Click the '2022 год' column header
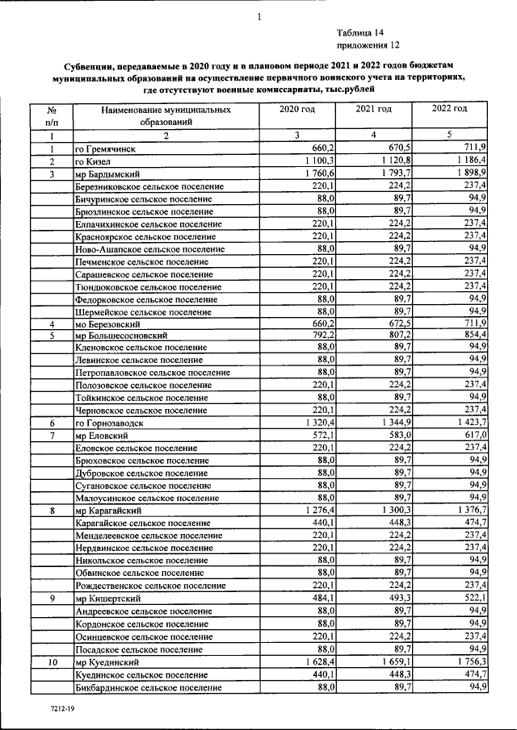449,109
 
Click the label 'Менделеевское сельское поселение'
145,536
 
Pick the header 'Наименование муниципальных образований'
165,115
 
